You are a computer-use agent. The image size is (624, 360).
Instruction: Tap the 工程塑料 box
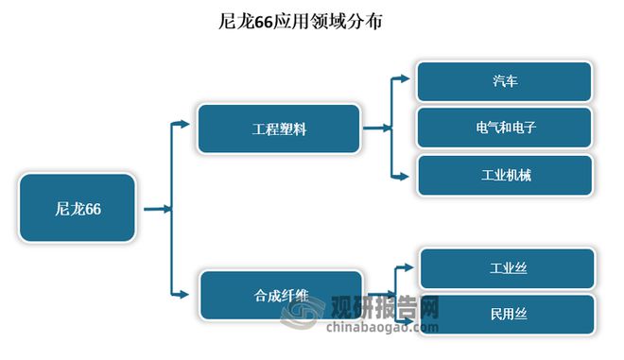tap(279, 129)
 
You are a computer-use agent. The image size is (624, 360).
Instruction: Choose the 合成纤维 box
tap(281, 295)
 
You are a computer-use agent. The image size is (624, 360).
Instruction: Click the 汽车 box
tap(504, 81)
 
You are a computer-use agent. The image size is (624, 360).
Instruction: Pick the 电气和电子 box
tap(505, 127)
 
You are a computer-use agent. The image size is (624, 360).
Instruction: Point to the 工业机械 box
tap(505, 175)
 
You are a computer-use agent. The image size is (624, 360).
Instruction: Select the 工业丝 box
tap(508, 268)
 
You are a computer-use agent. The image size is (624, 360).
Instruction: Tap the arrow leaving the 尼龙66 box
tap(155, 209)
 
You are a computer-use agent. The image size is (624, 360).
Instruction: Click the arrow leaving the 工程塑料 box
tap(375, 128)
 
